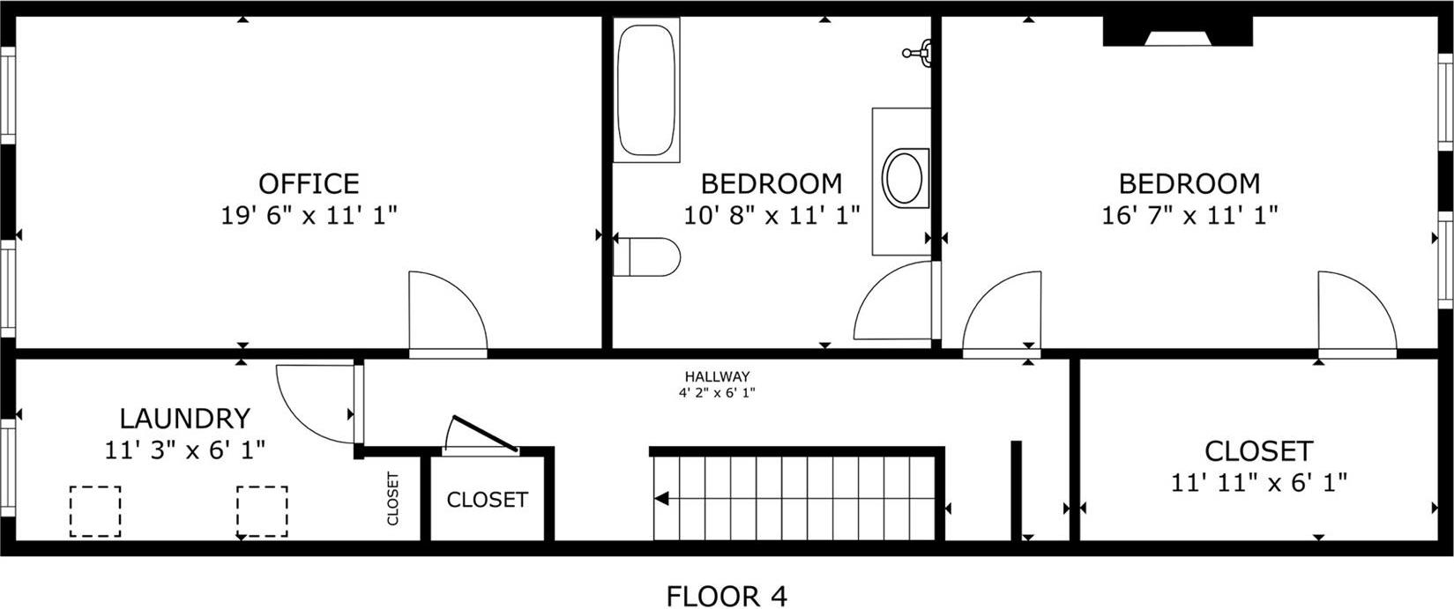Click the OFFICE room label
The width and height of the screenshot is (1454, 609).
click(x=309, y=183)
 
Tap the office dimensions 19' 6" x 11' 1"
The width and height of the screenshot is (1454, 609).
click(x=309, y=215)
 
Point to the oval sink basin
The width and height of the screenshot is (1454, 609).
click(x=904, y=178)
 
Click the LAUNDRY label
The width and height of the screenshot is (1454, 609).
click(x=185, y=418)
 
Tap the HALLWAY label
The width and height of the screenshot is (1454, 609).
click(x=717, y=376)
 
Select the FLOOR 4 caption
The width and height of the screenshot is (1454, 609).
click(x=726, y=596)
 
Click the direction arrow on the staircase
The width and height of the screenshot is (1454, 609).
click(x=661, y=500)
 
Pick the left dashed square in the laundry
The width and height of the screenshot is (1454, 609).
click(x=95, y=511)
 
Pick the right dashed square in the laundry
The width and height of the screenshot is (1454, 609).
click(x=262, y=511)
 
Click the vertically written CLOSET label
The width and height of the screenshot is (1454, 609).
click(x=393, y=499)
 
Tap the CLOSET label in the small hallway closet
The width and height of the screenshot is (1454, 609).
click(x=487, y=500)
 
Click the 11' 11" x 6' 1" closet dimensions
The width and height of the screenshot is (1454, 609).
click(x=1258, y=483)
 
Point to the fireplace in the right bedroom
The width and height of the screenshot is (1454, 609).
click(x=1177, y=33)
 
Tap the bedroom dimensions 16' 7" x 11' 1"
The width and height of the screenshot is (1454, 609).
click(x=1189, y=215)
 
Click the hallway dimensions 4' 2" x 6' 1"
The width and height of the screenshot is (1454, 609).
click(x=717, y=393)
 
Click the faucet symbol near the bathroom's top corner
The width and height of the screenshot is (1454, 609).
click(x=920, y=52)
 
